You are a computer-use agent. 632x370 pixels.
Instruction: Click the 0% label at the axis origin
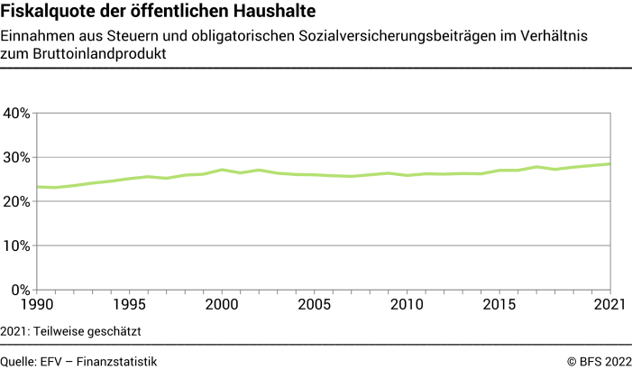pos(21,290)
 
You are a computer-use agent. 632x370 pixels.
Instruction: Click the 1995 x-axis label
pos(130,306)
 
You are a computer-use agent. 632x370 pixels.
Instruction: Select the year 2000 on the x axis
pos(223,306)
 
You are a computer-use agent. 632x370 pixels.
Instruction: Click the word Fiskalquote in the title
pos(45,13)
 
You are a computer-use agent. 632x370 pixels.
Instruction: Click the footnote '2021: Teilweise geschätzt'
pos(71,330)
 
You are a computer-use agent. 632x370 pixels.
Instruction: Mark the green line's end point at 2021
pos(612,163)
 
